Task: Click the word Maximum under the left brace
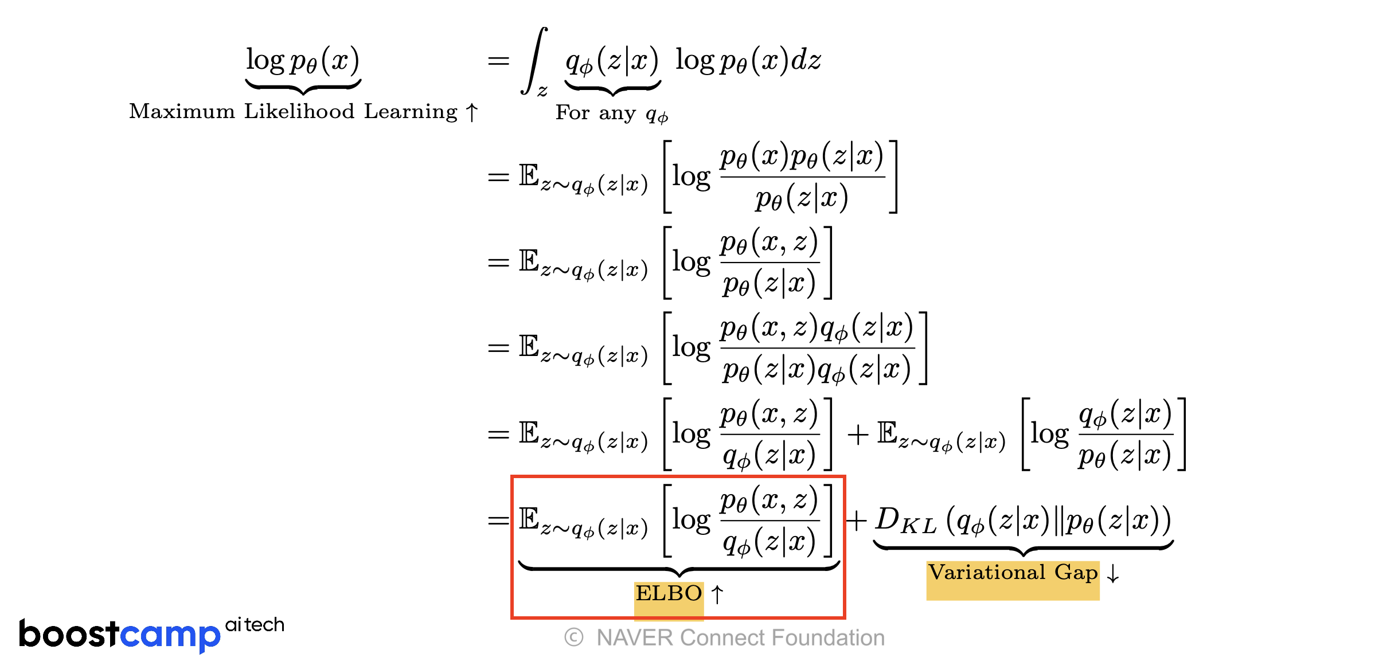182,111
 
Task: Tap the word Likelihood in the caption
299,111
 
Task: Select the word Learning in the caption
411,111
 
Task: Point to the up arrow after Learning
471,112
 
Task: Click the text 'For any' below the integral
595,113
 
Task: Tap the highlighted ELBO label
669,593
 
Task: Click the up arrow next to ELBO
717,594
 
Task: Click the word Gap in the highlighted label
1076,573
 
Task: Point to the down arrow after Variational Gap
1113,573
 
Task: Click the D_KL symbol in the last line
905,521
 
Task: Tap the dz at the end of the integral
806,60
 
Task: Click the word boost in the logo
69,634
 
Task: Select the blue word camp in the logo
170,635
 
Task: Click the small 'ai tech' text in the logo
255,624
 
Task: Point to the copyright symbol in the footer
573,637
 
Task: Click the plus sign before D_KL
856,521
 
